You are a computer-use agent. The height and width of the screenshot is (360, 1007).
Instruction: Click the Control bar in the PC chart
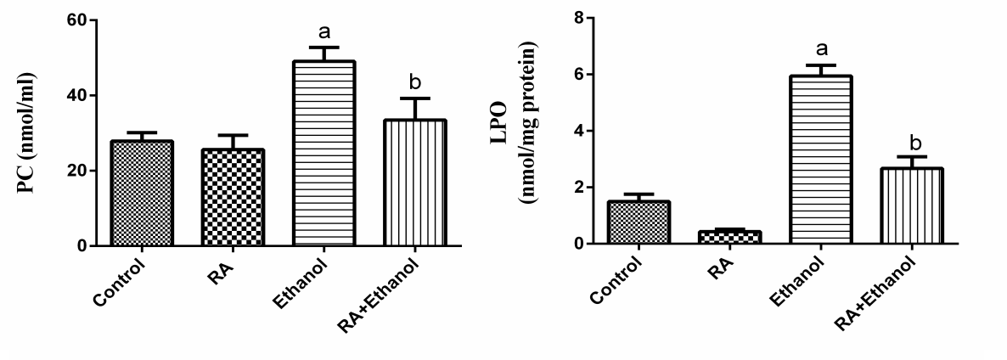142,194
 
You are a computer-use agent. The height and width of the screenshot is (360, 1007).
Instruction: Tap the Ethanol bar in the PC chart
323,154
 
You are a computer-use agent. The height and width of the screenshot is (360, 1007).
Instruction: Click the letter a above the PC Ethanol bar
323,33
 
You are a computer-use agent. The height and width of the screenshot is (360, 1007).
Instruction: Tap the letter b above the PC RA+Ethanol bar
414,82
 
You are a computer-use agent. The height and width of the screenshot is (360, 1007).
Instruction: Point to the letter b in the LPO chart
910,141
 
